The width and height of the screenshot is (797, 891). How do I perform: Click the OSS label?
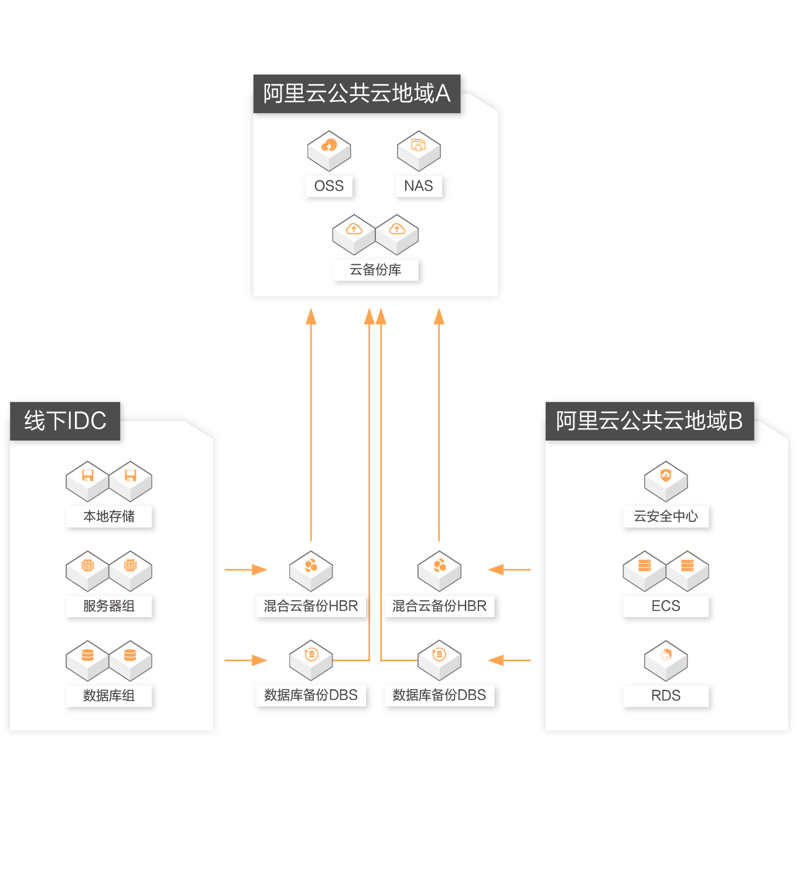[329, 186]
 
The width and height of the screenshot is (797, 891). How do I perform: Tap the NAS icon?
[419, 150]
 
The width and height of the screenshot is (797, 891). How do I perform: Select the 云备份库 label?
[375, 270]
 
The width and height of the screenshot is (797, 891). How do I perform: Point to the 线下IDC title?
[65, 421]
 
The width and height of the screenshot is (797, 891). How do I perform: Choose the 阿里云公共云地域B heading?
[649, 421]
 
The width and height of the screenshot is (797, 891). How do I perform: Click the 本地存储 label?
[109, 517]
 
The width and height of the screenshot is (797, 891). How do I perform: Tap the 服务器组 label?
[109, 606]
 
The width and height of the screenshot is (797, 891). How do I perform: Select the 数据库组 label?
[109, 696]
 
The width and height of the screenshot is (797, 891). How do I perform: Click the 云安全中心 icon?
[666, 481]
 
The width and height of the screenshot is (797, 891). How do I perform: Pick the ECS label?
[666, 606]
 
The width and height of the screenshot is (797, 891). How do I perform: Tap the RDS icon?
[666, 660]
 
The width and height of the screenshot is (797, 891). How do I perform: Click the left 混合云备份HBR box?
[311, 606]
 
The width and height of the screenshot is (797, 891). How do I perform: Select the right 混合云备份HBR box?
[440, 606]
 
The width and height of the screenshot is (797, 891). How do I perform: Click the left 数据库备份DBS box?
[311, 695]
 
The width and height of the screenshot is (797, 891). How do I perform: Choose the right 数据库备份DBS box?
[440, 695]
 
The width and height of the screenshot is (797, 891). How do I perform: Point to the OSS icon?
[329, 150]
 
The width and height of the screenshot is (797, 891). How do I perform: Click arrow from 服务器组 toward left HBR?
[246, 569]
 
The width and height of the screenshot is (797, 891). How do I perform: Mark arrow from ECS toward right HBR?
[509, 569]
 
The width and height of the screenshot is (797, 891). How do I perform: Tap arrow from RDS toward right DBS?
[509, 660]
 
